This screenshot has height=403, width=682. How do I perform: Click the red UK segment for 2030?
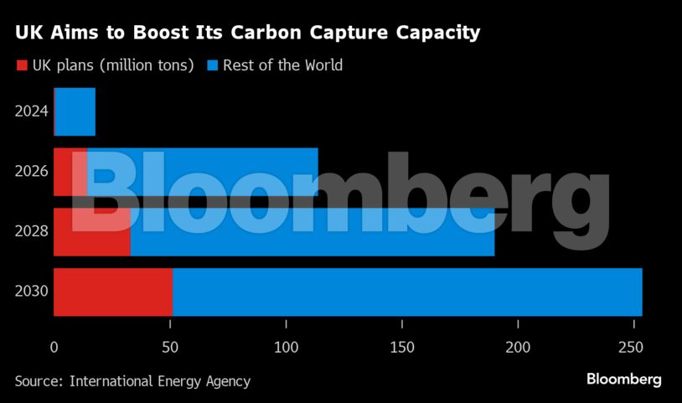(113, 292)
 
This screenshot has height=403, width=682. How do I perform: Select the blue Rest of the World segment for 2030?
(407, 292)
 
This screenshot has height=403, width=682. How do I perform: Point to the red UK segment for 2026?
(70, 172)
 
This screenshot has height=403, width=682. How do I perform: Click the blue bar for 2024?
(75, 111)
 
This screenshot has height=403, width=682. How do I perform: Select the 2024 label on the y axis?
(32, 112)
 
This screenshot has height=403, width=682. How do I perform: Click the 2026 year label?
(32, 173)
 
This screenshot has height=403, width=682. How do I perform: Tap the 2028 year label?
(32, 232)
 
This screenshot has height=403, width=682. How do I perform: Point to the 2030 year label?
(32, 292)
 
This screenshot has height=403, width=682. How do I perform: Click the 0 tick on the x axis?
(54, 348)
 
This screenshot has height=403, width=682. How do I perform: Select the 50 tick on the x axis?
(170, 348)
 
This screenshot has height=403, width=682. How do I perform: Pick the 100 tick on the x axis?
(287, 348)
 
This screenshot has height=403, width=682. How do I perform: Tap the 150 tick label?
(403, 348)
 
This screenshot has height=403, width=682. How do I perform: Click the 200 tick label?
(519, 348)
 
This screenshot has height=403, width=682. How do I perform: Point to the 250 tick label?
(635, 348)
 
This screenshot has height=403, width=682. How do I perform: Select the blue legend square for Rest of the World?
(212, 65)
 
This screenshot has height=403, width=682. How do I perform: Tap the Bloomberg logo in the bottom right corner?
(623, 380)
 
